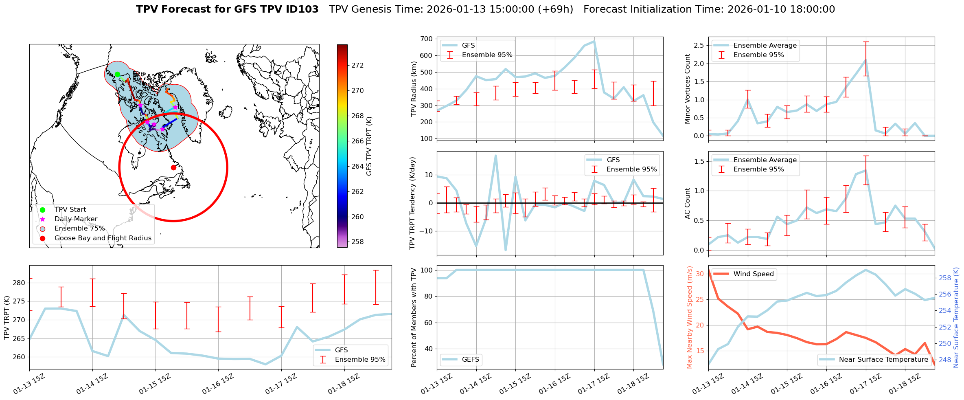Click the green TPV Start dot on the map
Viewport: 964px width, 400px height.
click(117, 75)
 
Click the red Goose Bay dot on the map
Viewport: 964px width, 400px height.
click(173, 167)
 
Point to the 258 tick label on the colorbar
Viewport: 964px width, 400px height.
click(357, 242)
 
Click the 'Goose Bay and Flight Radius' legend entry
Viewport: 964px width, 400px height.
click(103, 238)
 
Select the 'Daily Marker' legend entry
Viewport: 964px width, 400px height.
click(76, 219)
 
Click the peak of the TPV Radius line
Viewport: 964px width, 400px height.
click(594, 41)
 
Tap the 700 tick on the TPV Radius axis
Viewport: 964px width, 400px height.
click(427, 39)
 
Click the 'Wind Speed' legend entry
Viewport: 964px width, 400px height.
click(753, 274)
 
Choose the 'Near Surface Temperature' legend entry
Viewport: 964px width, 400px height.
click(883, 359)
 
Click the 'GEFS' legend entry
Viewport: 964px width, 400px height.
click(470, 359)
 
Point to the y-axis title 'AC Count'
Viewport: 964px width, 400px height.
click(688, 203)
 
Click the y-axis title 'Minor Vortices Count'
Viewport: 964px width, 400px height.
click(688, 89)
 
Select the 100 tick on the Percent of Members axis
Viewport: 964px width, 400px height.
click(426, 270)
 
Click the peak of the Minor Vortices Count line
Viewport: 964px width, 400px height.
click(865, 60)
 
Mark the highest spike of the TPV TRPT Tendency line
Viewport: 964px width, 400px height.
click(495, 155)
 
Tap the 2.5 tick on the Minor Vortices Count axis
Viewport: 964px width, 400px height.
click(698, 45)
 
